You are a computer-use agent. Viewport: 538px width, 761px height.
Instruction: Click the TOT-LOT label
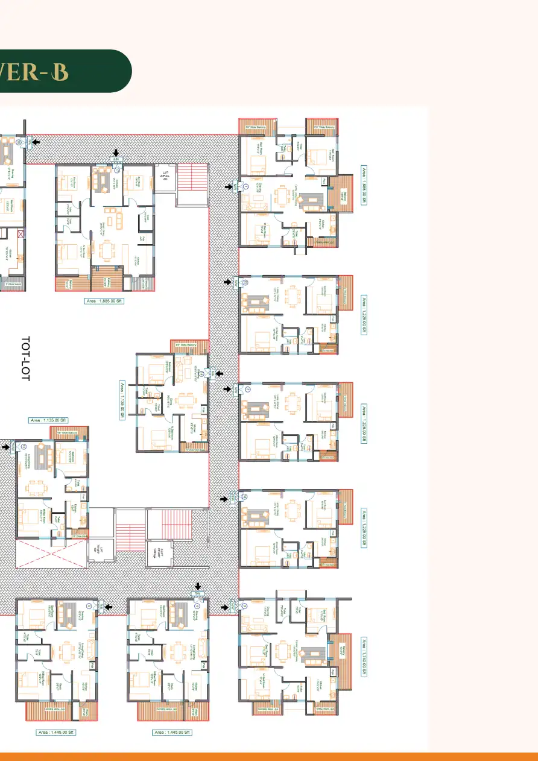pyautogui.click(x=25, y=359)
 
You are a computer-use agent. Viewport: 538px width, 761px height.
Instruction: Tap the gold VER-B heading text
pyautogui.click(x=34, y=71)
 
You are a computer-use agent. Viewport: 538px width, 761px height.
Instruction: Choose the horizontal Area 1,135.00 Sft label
pyautogui.click(x=49, y=420)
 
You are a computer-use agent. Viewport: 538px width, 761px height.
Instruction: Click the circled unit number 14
pyautogui.click(x=199, y=374)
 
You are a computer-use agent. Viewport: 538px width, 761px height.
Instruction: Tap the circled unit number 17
pyautogui.click(x=118, y=171)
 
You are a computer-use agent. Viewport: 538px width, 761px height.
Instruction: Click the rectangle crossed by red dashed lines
pyautogui.click(x=51, y=554)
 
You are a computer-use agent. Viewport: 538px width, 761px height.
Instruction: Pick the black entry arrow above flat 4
pyautogui.click(x=198, y=586)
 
